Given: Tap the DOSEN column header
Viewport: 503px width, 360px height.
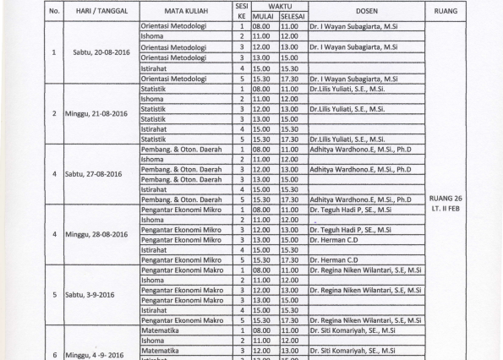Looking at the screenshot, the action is tap(365, 11).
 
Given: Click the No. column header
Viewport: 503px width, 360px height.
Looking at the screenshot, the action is tap(54, 11).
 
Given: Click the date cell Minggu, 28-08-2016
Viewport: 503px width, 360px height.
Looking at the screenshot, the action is tap(95, 235).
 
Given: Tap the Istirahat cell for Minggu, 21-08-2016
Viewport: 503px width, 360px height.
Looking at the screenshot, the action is tap(152, 129).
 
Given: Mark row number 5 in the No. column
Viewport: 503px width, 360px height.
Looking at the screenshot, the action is tap(54, 296).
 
